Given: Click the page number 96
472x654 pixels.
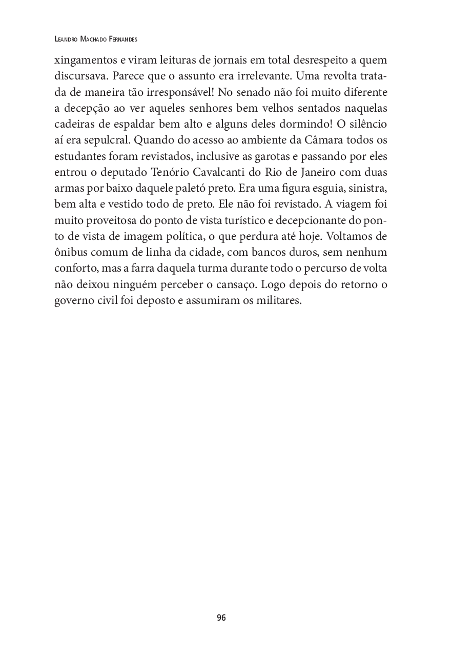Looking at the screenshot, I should click(221, 618).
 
